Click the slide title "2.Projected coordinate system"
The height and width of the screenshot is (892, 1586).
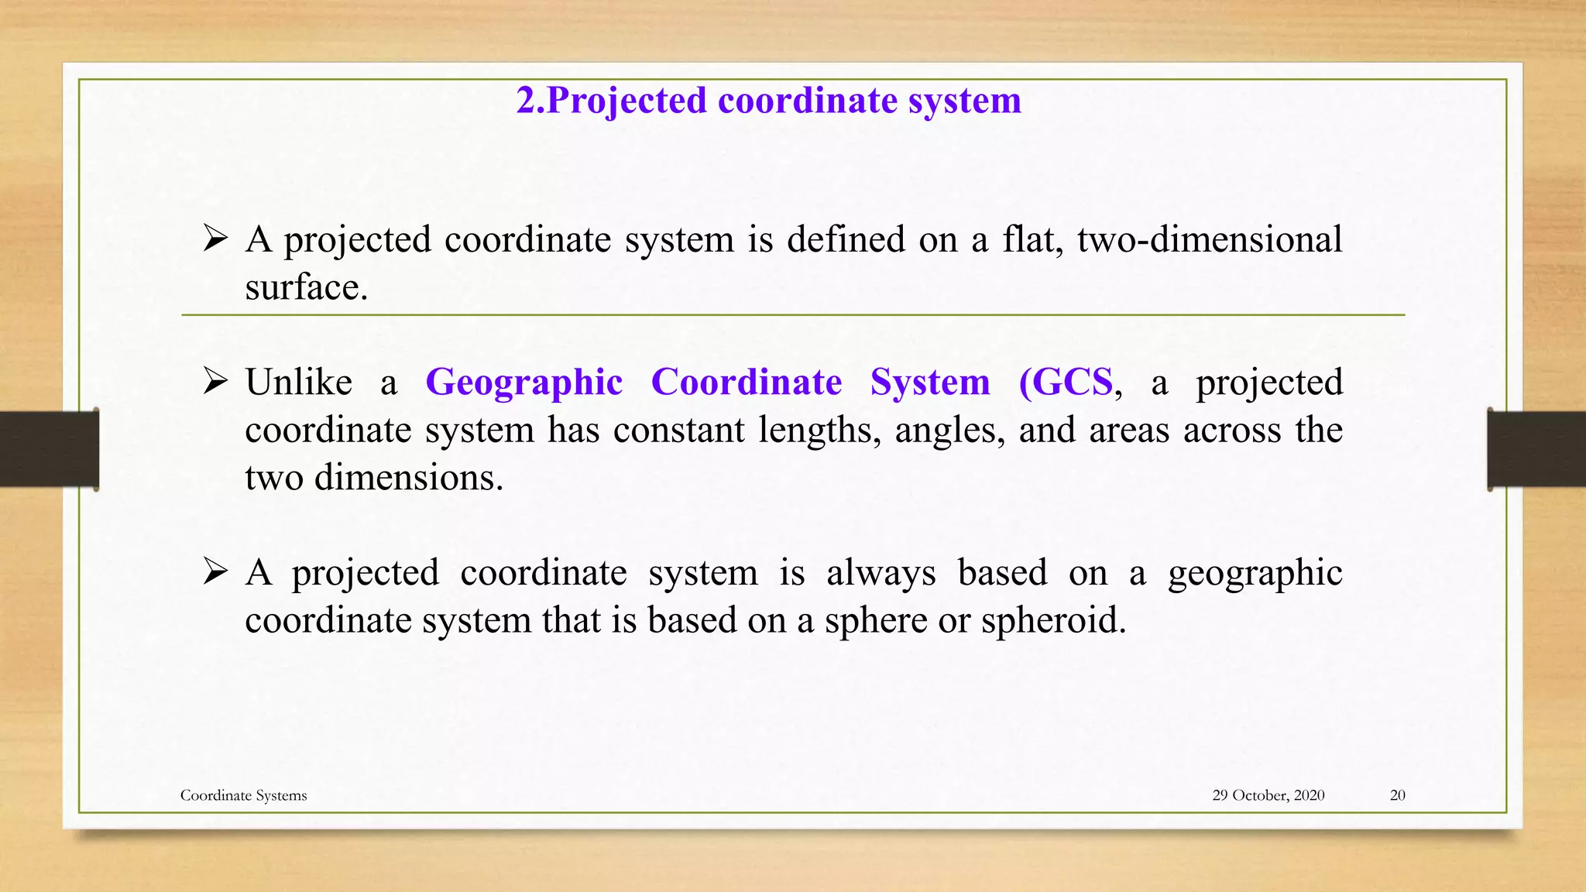(x=768, y=101)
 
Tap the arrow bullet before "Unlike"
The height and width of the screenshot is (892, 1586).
(x=215, y=382)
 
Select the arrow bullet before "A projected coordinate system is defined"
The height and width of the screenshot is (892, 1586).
(x=215, y=238)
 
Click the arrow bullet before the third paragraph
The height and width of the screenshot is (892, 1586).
(x=215, y=572)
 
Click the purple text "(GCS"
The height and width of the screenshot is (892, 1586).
(x=1066, y=383)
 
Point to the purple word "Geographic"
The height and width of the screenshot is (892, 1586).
(x=524, y=383)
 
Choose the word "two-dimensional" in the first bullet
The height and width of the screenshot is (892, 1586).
(x=1209, y=239)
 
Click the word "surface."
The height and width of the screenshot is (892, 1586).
(x=306, y=288)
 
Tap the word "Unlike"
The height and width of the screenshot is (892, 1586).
(x=298, y=383)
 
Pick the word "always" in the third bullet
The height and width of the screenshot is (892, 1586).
(x=881, y=573)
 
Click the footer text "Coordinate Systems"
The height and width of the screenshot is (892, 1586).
(x=243, y=795)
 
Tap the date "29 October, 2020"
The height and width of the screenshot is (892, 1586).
(x=1268, y=795)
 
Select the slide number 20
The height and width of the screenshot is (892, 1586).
(x=1397, y=795)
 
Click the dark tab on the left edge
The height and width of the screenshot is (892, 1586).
(x=49, y=449)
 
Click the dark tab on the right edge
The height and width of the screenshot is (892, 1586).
(x=1536, y=449)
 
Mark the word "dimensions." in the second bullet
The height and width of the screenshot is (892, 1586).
(x=409, y=478)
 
